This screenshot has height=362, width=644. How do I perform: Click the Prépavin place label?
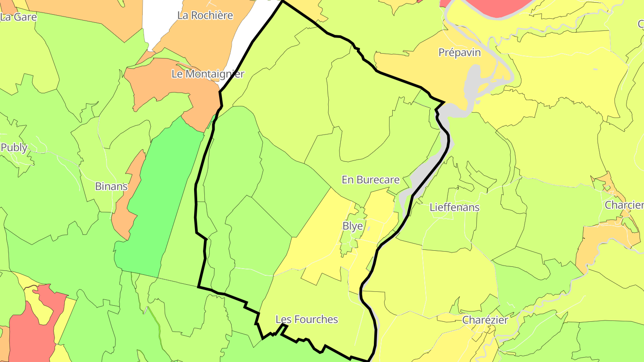[x=459, y=53]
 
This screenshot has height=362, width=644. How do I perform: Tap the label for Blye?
[x=352, y=226]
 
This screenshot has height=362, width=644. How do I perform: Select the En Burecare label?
[x=370, y=180]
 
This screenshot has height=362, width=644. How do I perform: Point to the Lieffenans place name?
[x=454, y=207]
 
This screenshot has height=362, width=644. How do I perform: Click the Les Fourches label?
[x=307, y=320]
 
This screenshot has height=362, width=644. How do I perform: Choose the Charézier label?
[x=485, y=320]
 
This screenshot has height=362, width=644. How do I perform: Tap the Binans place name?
[x=111, y=186]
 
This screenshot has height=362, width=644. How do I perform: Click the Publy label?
[x=14, y=147]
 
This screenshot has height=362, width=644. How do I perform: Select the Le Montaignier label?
[x=208, y=74]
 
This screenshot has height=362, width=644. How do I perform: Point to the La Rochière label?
[x=205, y=15]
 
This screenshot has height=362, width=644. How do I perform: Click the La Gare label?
[x=18, y=17]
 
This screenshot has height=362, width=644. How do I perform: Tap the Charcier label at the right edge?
[x=624, y=205]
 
